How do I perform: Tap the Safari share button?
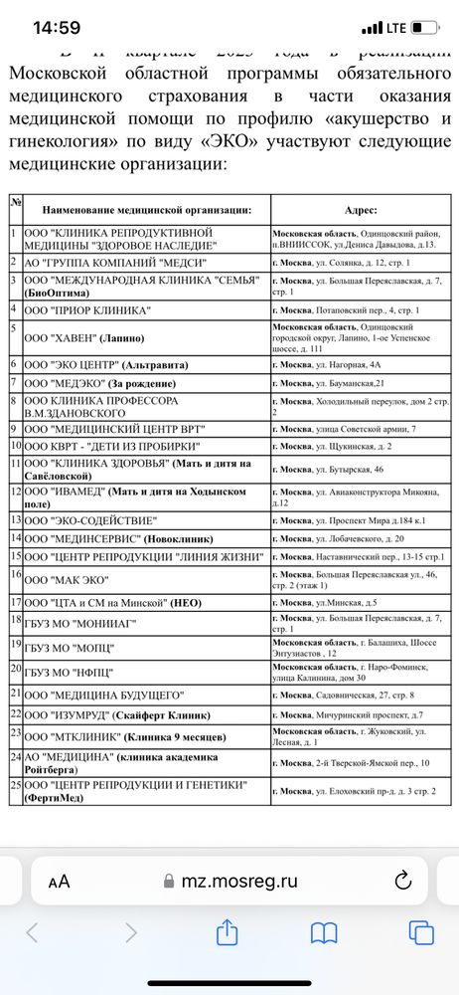coord(227,932)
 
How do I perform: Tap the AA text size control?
coord(59,881)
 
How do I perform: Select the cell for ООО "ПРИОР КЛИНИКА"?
coord(95,311)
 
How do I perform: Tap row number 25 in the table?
coord(15,785)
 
